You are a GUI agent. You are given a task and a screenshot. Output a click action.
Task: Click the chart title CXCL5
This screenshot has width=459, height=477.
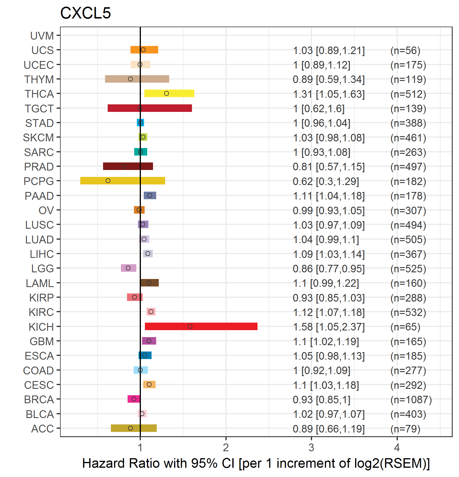click(x=85, y=13)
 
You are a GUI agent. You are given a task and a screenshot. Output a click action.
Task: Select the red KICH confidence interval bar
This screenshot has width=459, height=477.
click(x=201, y=326)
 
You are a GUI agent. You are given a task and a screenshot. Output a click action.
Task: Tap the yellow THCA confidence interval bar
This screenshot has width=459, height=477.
click(x=169, y=93)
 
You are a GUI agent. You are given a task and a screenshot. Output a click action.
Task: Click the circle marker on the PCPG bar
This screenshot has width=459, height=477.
click(x=108, y=181)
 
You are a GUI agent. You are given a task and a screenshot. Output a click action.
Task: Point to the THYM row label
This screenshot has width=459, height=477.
click(x=39, y=79)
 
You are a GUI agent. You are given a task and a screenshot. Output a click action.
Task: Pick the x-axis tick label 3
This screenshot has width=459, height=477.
click(x=311, y=448)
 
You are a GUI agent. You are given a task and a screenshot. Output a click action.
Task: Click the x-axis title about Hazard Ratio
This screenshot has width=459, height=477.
click(x=256, y=463)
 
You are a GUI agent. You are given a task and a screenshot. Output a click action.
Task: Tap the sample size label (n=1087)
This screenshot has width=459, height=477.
click(x=411, y=400)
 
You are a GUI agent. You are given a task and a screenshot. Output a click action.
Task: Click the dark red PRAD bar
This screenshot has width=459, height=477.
click(x=128, y=166)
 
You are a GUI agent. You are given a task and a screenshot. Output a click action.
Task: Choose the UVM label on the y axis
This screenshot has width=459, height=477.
click(x=42, y=36)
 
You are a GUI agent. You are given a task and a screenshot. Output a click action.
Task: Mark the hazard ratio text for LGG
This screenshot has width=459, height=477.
click(x=329, y=269)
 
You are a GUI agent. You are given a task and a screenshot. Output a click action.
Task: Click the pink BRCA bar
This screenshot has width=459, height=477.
click(x=134, y=399)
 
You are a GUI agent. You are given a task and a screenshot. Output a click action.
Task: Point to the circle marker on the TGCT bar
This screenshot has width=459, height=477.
click(x=140, y=108)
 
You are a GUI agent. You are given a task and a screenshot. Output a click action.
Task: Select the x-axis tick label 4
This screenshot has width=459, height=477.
click(x=397, y=448)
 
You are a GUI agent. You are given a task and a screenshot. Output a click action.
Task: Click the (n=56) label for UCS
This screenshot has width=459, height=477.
click(x=405, y=51)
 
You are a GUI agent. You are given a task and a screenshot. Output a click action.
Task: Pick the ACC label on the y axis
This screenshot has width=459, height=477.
click(x=42, y=429)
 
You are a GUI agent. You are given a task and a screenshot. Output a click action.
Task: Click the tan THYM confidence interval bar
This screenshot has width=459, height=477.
click(x=137, y=79)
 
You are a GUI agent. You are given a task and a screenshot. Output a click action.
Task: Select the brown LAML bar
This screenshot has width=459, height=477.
click(x=150, y=283)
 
